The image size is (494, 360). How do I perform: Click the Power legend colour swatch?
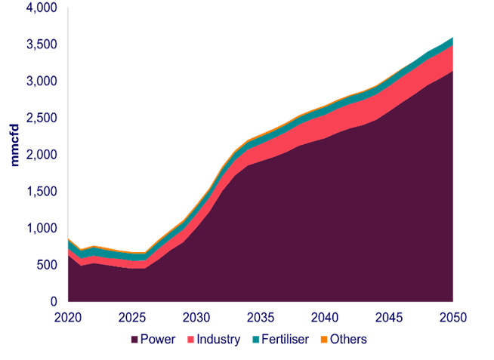click(x=135, y=340)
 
